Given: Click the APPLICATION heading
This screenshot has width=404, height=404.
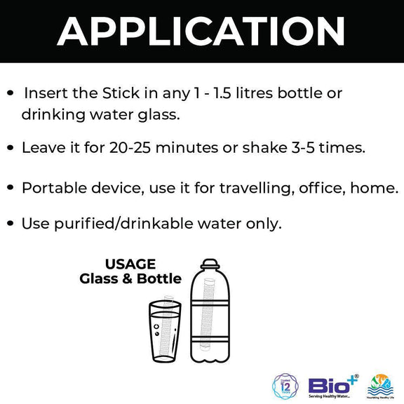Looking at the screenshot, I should tap(201, 32).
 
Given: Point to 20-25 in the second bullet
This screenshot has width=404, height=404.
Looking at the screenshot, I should tap(130, 148).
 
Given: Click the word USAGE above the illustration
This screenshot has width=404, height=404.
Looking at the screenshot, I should tap(130, 264).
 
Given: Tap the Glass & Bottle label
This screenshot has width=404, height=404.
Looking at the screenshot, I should tap(130, 279).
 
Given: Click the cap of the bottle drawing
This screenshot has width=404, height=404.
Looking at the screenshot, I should tap(209, 264).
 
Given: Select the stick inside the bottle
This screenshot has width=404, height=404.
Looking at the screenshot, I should tap(208, 312).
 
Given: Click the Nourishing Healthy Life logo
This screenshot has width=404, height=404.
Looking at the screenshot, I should tap(381, 385).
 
